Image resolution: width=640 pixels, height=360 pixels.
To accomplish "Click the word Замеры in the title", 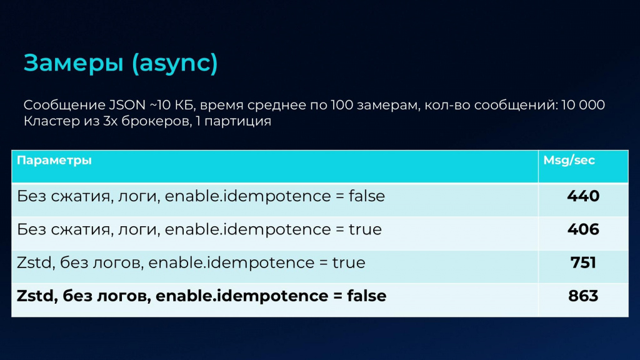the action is pos(74,63).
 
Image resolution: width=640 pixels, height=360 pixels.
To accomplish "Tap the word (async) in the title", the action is pos(175,63).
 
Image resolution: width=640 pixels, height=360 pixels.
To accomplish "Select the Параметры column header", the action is pos(54,161).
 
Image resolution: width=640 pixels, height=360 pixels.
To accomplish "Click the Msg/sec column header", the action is pos(569,160).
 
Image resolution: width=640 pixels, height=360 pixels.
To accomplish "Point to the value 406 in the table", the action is pos(583,229).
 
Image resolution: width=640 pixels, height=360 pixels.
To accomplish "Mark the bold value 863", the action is pos(583,296).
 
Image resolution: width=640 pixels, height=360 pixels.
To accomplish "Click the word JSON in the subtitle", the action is pos(127,105).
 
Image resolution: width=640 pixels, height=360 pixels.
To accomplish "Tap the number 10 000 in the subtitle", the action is pos(583,105).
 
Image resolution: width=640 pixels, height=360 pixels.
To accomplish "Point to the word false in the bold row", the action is pos(366,296).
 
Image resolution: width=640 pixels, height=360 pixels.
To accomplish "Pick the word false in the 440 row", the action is pos(366,196).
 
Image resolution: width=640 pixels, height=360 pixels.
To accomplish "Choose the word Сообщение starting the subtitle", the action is pos(64,105).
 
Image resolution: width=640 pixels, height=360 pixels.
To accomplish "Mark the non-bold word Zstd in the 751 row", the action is pos(34,262).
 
